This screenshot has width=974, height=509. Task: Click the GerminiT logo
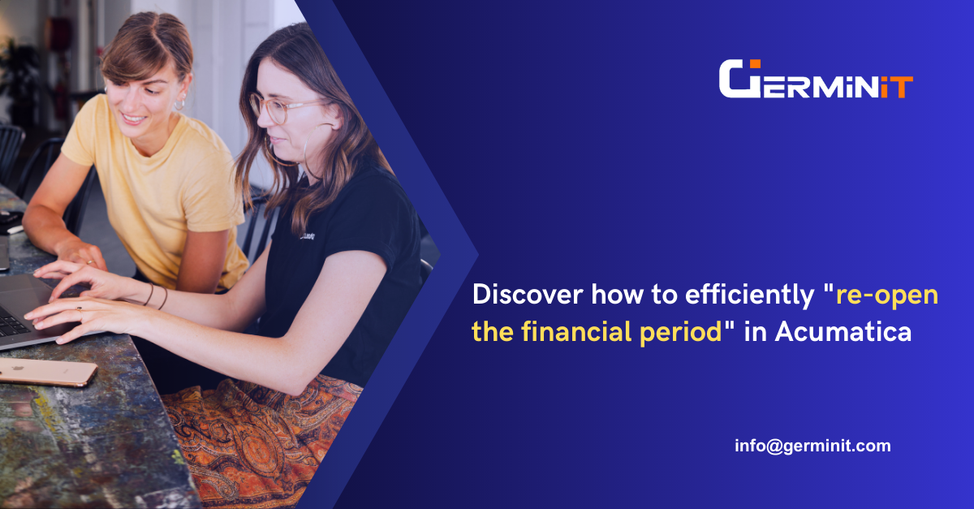(x=816, y=79)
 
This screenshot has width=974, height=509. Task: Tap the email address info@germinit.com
(x=812, y=446)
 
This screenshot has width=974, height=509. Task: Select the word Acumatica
(x=843, y=331)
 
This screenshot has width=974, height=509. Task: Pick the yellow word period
(x=680, y=333)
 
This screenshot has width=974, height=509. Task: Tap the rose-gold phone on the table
(x=48, y=372)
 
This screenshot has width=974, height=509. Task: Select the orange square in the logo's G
(x=755, y=64)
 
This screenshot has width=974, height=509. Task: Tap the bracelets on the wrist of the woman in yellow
(x=156, y=295)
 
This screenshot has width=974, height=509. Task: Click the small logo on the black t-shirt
(x=308, y=235)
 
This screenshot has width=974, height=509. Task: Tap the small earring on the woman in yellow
(x=179, y=105)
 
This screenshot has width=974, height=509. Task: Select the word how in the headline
(x=617, y=295)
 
